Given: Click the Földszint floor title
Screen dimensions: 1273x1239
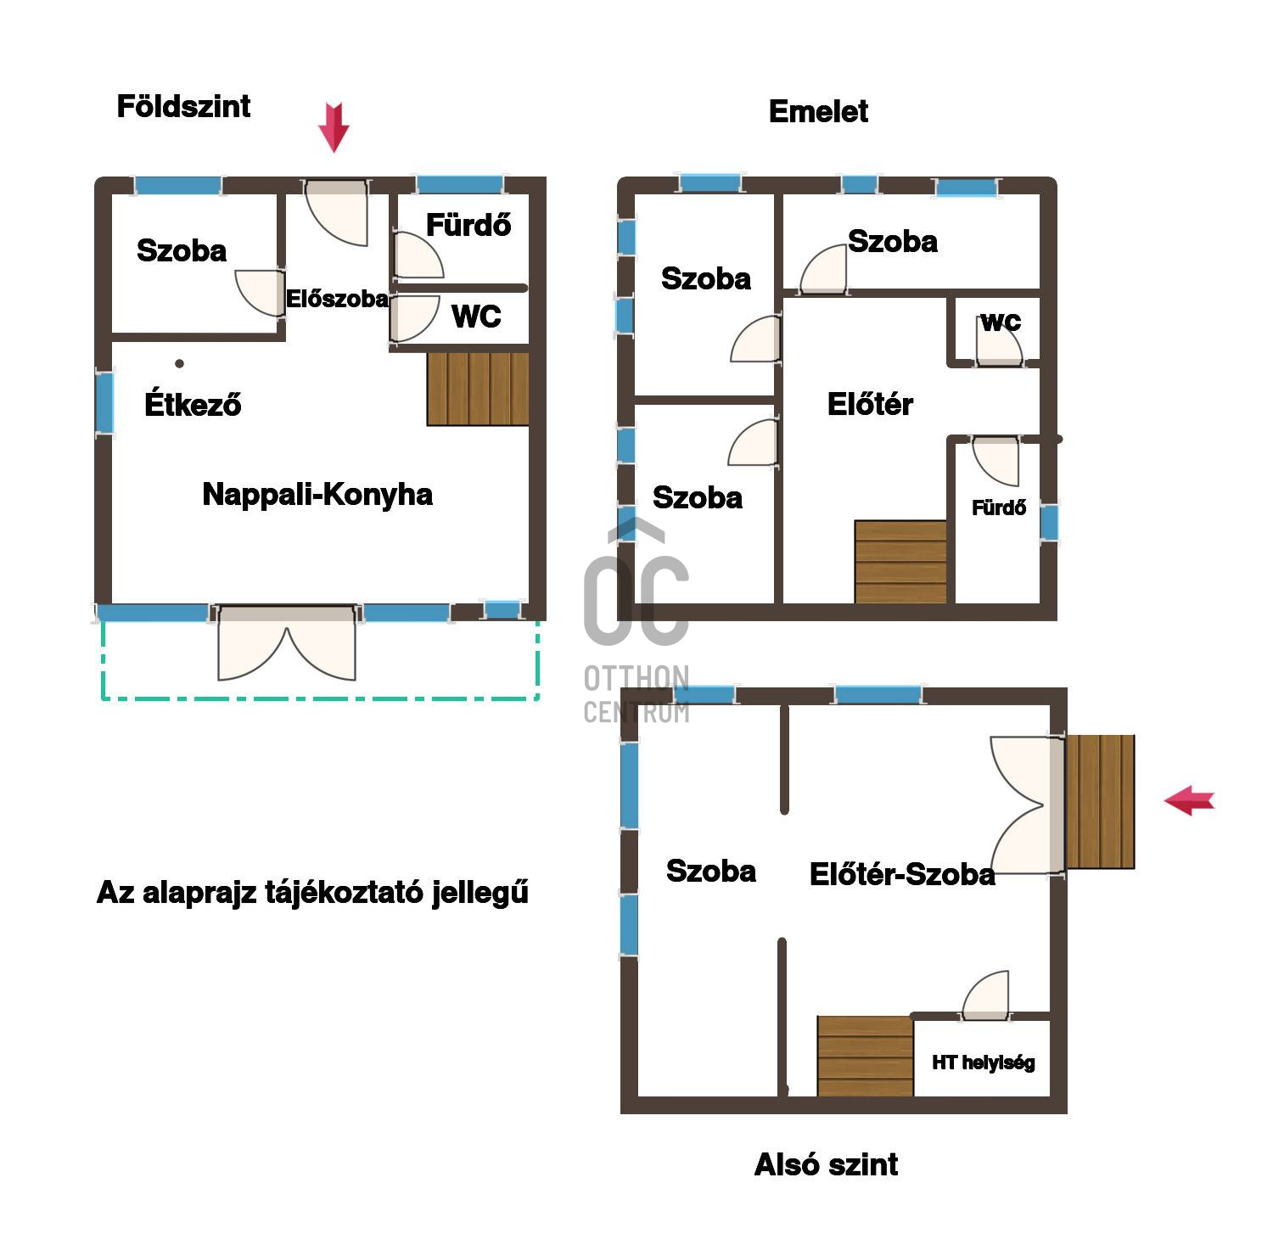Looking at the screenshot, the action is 183,106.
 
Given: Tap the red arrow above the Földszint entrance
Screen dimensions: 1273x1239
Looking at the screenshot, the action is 334,127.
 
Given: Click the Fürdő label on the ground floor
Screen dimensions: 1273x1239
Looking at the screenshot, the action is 468,225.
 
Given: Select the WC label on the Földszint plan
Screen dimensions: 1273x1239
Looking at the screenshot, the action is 476,316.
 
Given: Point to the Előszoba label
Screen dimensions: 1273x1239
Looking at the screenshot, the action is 337,299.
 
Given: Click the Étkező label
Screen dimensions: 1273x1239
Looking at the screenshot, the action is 193,403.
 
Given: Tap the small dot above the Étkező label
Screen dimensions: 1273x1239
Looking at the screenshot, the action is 179,363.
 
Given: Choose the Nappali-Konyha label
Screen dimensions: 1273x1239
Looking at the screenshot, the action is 317,494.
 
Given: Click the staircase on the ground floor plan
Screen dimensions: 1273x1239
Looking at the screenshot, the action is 478,389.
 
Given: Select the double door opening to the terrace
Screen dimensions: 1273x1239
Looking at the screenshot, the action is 287,643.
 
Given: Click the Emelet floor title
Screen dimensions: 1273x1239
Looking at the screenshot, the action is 818,111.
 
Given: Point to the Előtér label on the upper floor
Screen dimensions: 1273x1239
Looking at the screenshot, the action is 870,404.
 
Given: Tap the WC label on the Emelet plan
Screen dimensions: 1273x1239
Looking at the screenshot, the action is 1001,322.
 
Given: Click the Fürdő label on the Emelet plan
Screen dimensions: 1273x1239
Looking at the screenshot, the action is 999,507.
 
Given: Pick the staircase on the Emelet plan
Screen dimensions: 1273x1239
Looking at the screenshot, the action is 900,562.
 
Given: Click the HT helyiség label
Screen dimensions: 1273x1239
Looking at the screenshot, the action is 984,1062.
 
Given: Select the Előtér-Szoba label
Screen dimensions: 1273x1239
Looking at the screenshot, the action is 902,874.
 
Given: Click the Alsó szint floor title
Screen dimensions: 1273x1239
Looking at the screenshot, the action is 826,1164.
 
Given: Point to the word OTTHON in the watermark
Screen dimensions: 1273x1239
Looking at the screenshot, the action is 636,678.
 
